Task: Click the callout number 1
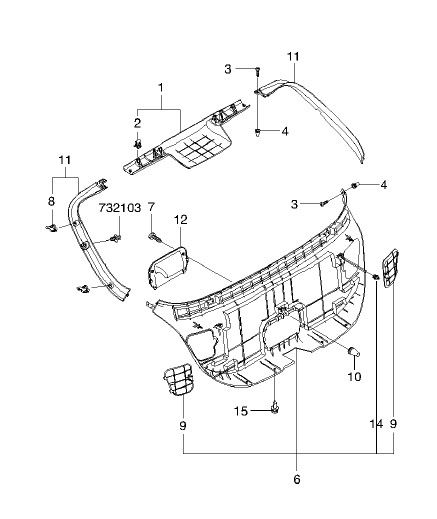pos(161,88)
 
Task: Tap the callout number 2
pos(138,123)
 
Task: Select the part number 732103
pos(120,208)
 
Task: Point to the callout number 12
pos(180,220)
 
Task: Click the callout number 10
pos(354,377)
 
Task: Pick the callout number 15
pos(241,411)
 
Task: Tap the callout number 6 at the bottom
pos(297,479)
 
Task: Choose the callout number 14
pos(376,424)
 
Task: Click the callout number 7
pos(151,208)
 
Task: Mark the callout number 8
pos(51,201)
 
